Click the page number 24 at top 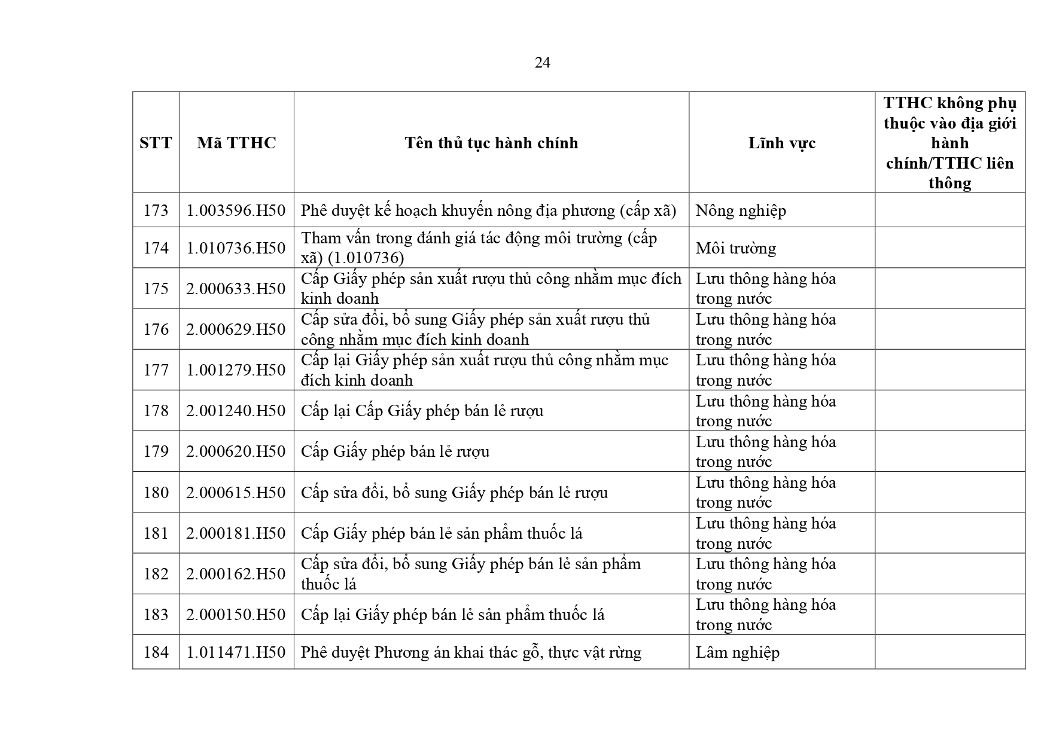pos(542,63)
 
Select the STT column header pos(156,143)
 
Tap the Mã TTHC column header pos(236,143)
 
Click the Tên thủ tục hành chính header pos(491,143)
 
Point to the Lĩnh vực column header pos(781,143)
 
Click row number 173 pos(156,210)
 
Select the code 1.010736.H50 pos(236,248)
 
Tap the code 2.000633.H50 pos(236,289)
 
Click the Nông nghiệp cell pos(741,210)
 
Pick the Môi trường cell pos(735,248)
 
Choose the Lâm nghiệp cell pos(737,652)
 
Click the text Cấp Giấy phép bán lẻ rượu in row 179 pos(395,451)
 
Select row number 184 pos(156,652)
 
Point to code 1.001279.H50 pos(236,370)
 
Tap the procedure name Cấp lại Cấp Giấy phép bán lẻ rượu pos(422,411)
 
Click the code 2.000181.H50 pos(236,533)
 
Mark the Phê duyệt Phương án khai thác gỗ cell pos(471,652)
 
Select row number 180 pos(156,493)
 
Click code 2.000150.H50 pos(236,615)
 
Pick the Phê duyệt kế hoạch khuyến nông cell pos(488,210)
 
